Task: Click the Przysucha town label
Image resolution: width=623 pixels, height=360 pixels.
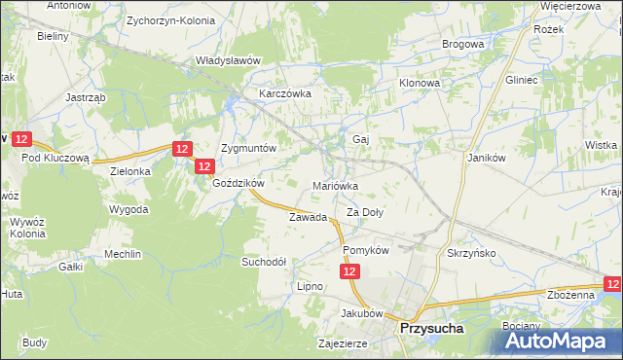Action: click(431, 329)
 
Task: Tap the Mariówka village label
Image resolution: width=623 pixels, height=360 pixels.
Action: click(336, 185)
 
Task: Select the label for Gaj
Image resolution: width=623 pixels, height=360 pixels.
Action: click(360, 139)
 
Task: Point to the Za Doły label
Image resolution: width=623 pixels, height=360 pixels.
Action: click(366, 212)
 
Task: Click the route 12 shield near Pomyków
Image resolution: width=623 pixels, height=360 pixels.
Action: click(350, 275)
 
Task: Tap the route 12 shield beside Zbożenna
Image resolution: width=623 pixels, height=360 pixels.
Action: click(612, 283)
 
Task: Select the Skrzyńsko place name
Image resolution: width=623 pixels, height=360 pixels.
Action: click(471, 251)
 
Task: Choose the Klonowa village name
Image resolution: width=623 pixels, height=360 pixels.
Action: click(420, 84)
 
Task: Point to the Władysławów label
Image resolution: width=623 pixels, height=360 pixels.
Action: click(229, 60)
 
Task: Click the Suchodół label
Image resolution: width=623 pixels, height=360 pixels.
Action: click(264, 262)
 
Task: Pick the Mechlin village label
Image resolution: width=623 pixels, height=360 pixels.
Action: click(124, 254)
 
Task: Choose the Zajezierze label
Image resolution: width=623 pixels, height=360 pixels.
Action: click(342, 344)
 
